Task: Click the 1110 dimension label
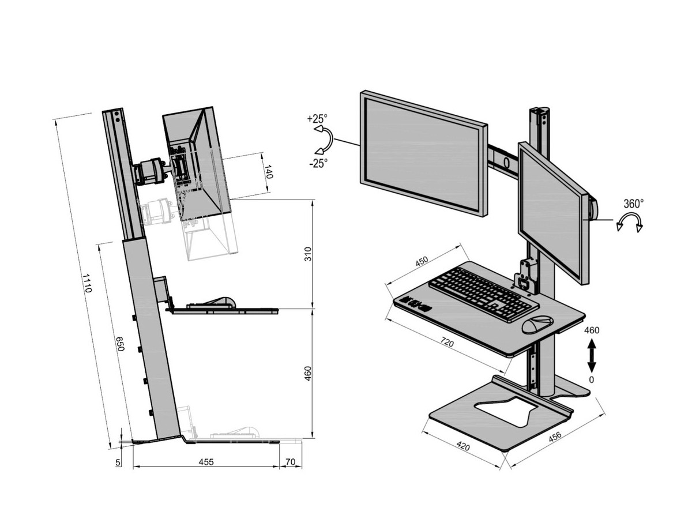point(87,283)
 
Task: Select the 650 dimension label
point(121,344)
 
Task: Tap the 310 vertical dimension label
point(308,254)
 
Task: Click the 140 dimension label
point(268,171)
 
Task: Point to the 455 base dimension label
point(206,462)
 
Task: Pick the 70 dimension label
point(290,462)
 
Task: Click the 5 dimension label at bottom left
point(118,462)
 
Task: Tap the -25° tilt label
point(318,163)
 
